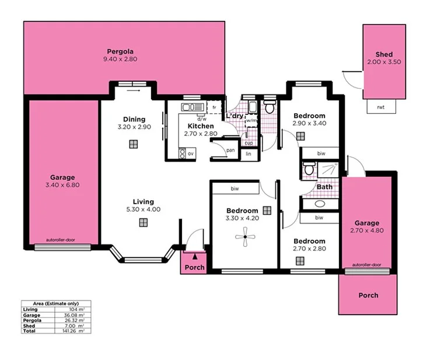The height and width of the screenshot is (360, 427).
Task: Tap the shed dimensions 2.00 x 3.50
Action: (x=384, y=62)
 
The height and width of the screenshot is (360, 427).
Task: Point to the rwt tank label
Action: (x=380, y=107)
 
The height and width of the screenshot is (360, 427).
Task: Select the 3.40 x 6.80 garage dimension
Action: (x=62, y=186)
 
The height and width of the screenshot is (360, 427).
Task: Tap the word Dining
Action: (x=134, y=119)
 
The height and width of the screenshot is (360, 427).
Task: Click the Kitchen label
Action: (x=200, y=126)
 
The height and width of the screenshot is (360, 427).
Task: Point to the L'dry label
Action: (x=235, y=116)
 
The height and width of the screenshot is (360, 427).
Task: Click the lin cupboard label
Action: (x=248, y=153)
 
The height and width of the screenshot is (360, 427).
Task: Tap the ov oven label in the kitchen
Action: (x=190, y=153)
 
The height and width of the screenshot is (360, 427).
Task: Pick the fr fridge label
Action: (x=215, y=108)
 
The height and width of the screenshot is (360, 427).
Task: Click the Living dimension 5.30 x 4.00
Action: (x=142, y=209)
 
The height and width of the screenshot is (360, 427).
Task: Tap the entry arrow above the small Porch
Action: (x=195, y=256)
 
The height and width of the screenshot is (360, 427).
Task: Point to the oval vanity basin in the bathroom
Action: (x=320, y=204)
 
